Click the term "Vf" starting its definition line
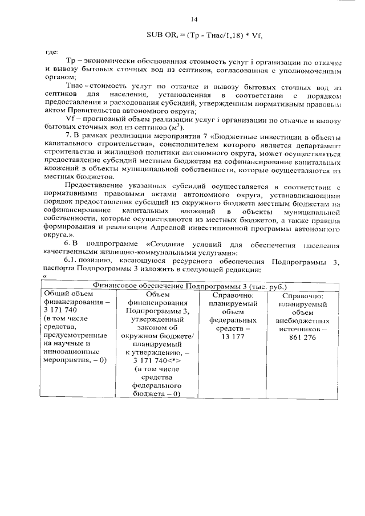click(x=71, y=119)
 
